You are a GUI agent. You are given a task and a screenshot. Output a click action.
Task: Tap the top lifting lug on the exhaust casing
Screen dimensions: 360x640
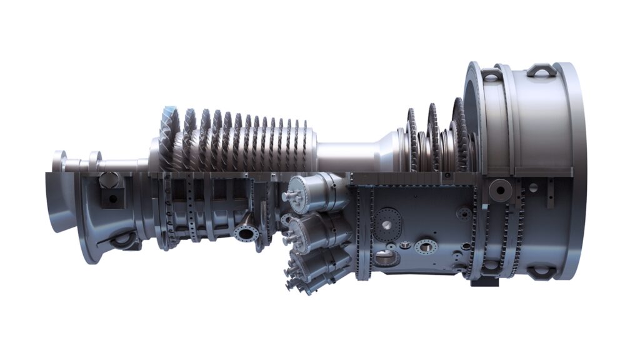pos(541,70)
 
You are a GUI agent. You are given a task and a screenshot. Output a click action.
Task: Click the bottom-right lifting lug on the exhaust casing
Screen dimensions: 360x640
pos(541,272)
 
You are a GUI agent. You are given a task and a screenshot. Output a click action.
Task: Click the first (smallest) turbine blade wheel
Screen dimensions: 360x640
pos(411,141)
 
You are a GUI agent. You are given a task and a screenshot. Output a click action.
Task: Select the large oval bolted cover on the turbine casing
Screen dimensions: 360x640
pos(389,221)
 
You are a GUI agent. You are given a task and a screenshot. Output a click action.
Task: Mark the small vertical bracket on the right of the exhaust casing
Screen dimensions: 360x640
pos(549,194)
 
